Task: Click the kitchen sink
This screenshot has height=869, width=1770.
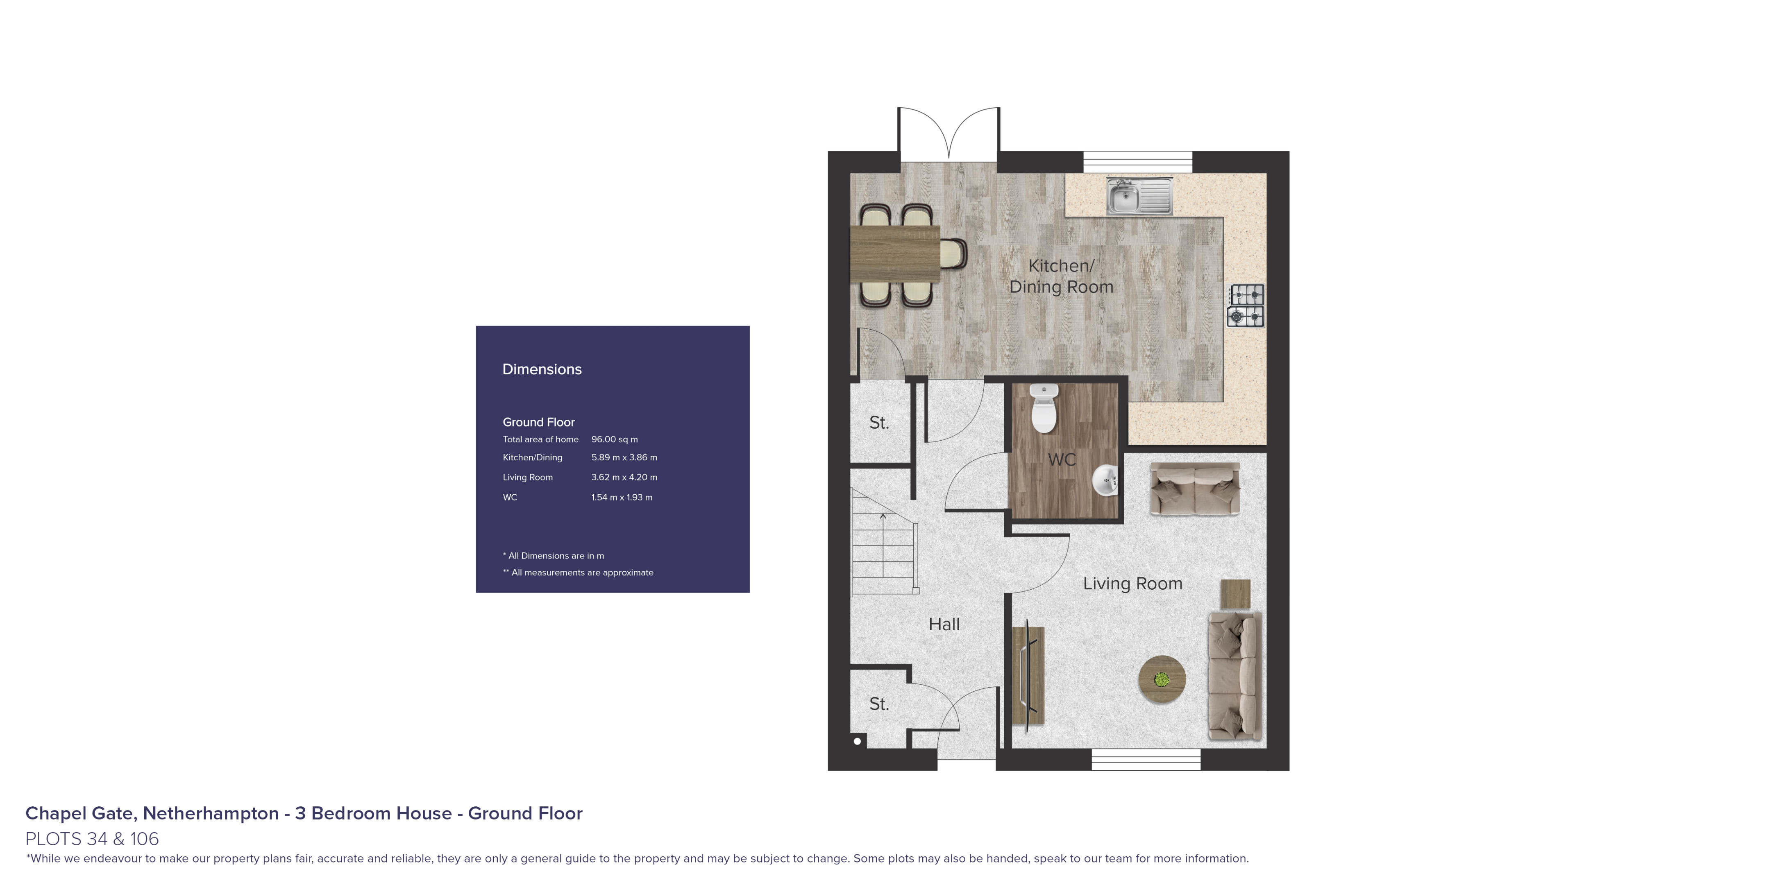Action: pos(1139,196)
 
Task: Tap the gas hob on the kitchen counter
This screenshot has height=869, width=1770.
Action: pos(1246,306)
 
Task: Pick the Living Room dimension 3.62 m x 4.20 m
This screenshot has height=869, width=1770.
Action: pos(624,477)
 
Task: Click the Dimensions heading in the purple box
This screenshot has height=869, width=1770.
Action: pos(542,369)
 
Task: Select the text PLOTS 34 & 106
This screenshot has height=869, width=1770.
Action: pos(92,839)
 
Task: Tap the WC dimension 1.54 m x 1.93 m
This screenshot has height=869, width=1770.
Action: pos(622,497)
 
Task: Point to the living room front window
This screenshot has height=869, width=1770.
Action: pos(1146,759)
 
